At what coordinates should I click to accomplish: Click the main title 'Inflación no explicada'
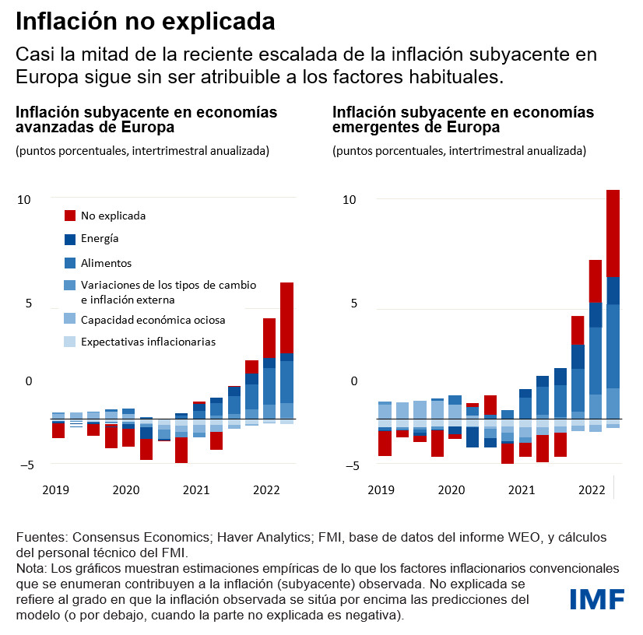click(x=146, y=22)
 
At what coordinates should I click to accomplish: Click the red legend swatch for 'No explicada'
click(x=70, y=216)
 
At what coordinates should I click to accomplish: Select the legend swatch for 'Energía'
click(x=70, y=239)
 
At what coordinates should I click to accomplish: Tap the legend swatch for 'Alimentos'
click(x=70, y=263)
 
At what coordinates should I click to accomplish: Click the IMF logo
click(x=597, y=599)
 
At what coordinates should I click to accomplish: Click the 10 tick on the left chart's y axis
click(x=24, y=200)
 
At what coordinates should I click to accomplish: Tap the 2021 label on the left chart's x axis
click(x=196, y=490)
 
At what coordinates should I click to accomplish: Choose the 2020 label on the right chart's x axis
click(x=451, y=490)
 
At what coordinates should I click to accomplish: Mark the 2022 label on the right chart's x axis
click(x=592, y=490)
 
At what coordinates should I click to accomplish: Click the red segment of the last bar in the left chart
click(x=286, y=317)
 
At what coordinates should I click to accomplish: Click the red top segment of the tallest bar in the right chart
click(x=613, y=233)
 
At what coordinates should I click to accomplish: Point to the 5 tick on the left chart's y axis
click(x=27, y=303)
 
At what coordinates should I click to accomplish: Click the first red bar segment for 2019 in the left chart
click(x=58, y=430)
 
